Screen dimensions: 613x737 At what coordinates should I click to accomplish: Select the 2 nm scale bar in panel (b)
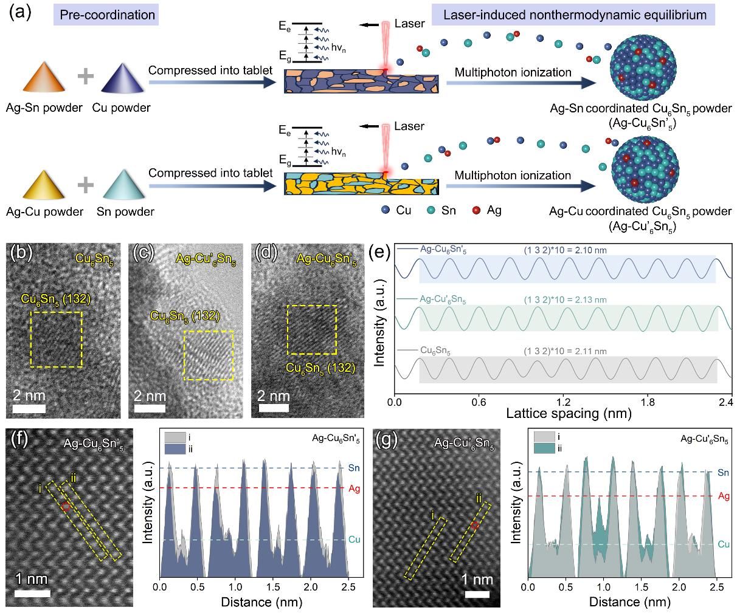29,408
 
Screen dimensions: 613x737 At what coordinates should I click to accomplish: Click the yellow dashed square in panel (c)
209,355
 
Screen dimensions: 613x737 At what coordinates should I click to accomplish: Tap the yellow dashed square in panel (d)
312,330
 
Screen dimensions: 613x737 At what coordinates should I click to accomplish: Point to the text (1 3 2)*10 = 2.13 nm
566,300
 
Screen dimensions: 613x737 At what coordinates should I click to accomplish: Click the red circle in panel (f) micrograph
66,506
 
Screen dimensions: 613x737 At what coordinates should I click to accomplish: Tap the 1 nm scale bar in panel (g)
477,594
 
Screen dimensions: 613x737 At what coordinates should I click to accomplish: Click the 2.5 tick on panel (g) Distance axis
716,588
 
